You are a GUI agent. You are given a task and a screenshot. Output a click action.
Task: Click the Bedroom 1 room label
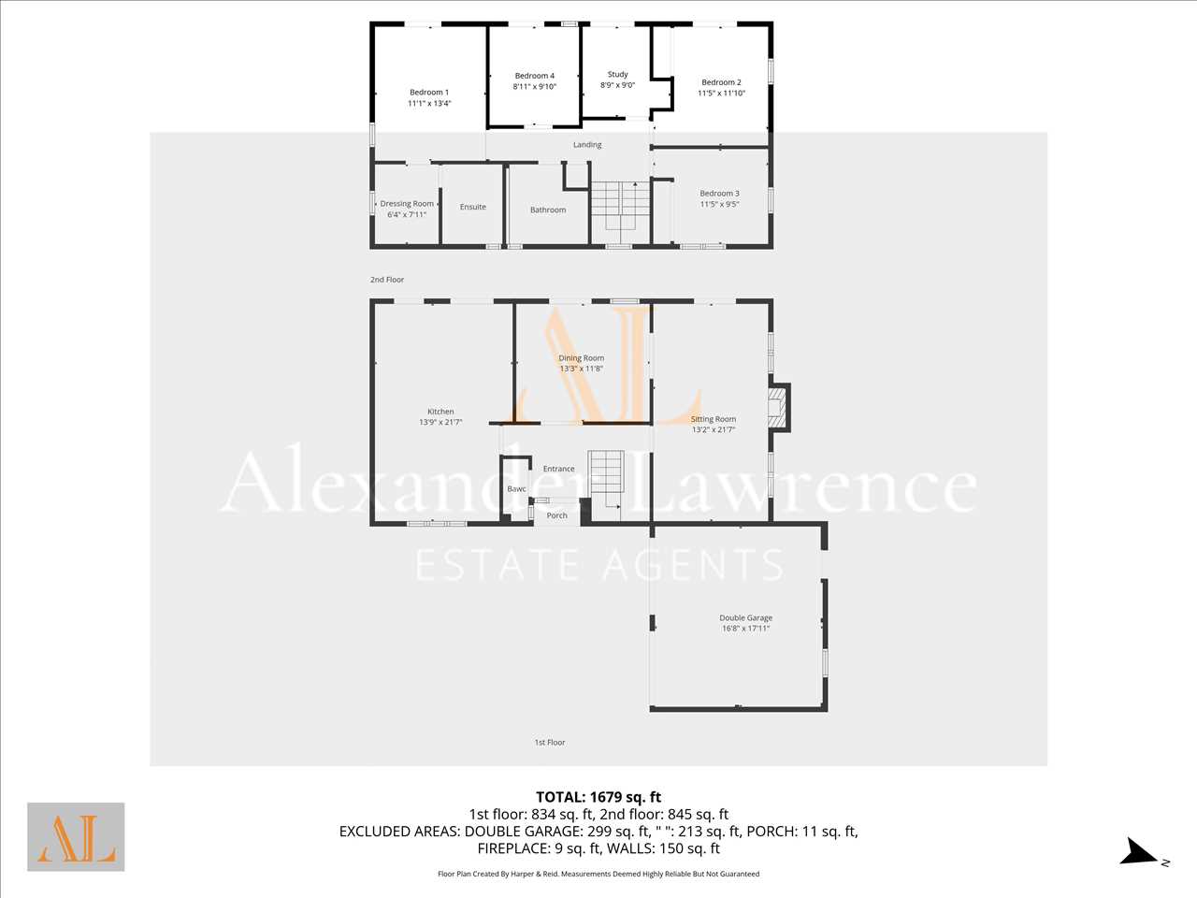pos(429,93)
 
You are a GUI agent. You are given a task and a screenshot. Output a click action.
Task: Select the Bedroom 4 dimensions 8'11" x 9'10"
pos(534,86)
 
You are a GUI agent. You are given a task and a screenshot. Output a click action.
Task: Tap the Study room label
pos(618,74)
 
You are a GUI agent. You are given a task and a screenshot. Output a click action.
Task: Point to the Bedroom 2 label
pos(721,82)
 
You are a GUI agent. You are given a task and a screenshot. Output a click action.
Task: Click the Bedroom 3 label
pos(719,194)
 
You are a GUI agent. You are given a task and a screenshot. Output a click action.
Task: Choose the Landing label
pos(587,145)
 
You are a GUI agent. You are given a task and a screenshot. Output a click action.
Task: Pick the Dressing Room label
pos(407,204)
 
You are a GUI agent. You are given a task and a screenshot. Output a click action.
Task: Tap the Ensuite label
pos(473,207)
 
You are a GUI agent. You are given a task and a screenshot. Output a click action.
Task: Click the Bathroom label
pos(548,210)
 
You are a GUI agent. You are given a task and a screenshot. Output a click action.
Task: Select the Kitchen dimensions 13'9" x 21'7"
pos(440,422)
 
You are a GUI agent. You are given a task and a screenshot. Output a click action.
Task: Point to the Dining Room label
pos(582,358)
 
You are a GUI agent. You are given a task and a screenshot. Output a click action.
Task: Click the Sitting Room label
pos(714,419)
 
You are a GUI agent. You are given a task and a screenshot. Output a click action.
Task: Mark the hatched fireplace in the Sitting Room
pos(776,408)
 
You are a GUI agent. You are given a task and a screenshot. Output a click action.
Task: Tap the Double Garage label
pos(745,617)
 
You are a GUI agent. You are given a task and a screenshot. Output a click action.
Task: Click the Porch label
pos(556,515)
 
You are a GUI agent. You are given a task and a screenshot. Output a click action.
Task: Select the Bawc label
pos(516,489)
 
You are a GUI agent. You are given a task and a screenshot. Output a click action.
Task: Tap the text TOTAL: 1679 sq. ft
pos(598,798)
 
